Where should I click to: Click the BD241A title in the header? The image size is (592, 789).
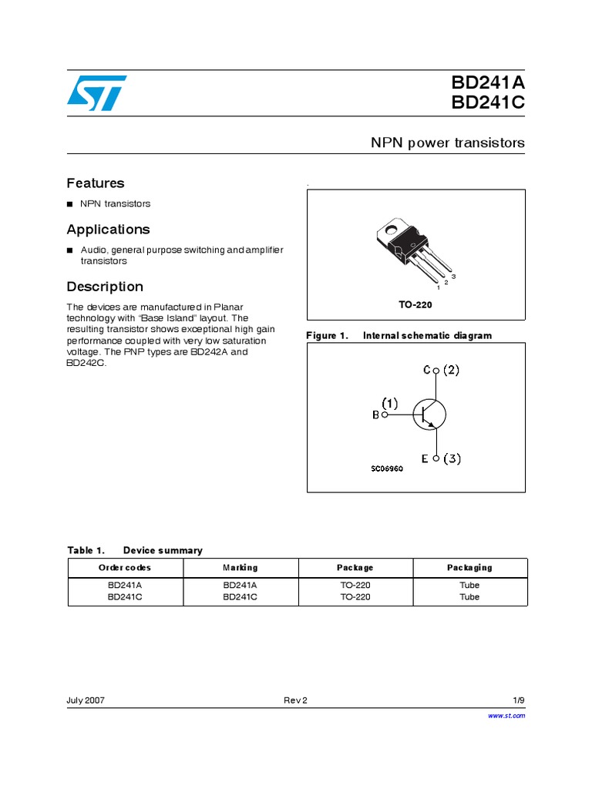click(488, 83)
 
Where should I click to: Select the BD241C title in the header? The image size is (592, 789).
click(488, 104)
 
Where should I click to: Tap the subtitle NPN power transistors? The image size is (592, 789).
click(448, 143)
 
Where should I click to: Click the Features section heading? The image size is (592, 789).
click(96, 183)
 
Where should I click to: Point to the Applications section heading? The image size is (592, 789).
click(108, 230)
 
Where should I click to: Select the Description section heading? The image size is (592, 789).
click(105, 287)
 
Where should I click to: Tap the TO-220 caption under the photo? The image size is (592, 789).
click(415, 305)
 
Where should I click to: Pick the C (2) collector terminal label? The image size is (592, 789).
click(441, 370)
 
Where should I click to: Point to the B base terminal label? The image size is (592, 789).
click(376, 415)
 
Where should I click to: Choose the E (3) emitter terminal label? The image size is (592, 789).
click(441, 459)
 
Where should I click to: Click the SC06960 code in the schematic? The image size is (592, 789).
click(387, 468)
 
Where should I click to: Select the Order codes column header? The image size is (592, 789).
click(125, 568)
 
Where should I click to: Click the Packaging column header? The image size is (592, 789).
click(469, 568)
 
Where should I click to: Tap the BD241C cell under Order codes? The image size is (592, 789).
click(125, 596)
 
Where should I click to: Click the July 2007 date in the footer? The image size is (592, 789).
click(86, 700)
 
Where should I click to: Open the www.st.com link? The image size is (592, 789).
click(507, 716)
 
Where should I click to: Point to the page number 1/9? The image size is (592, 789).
click(519, 700)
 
